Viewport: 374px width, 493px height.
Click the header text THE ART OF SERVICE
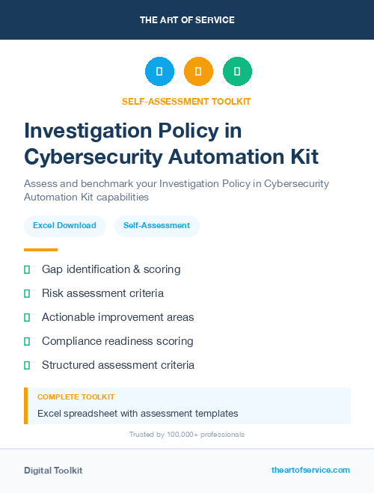point(187,20)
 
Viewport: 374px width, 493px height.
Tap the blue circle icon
point(159,72)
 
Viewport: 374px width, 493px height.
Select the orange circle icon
point(198,72)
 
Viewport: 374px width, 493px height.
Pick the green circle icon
point(237,72)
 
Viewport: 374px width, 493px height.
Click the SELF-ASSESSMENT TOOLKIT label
point(186,101)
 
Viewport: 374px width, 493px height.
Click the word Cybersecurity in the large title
point(96,157)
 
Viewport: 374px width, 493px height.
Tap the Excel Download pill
point(64,225)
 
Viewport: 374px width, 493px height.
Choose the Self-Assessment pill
point(156,225)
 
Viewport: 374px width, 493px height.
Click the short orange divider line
point(40,250)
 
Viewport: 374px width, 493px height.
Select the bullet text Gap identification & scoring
point(111,269)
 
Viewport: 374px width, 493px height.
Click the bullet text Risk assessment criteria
point(102,293)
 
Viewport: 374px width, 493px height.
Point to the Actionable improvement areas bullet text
point(117,317)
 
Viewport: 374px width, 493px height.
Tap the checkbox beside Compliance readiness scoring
point(27,341)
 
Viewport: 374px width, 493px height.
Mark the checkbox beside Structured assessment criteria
point(27,365)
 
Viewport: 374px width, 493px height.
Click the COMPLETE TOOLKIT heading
point(76,397)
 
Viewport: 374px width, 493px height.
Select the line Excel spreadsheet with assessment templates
point(138,413)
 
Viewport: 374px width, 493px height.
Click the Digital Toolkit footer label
point(53,470)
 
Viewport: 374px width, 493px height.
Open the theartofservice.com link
point(310,470)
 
